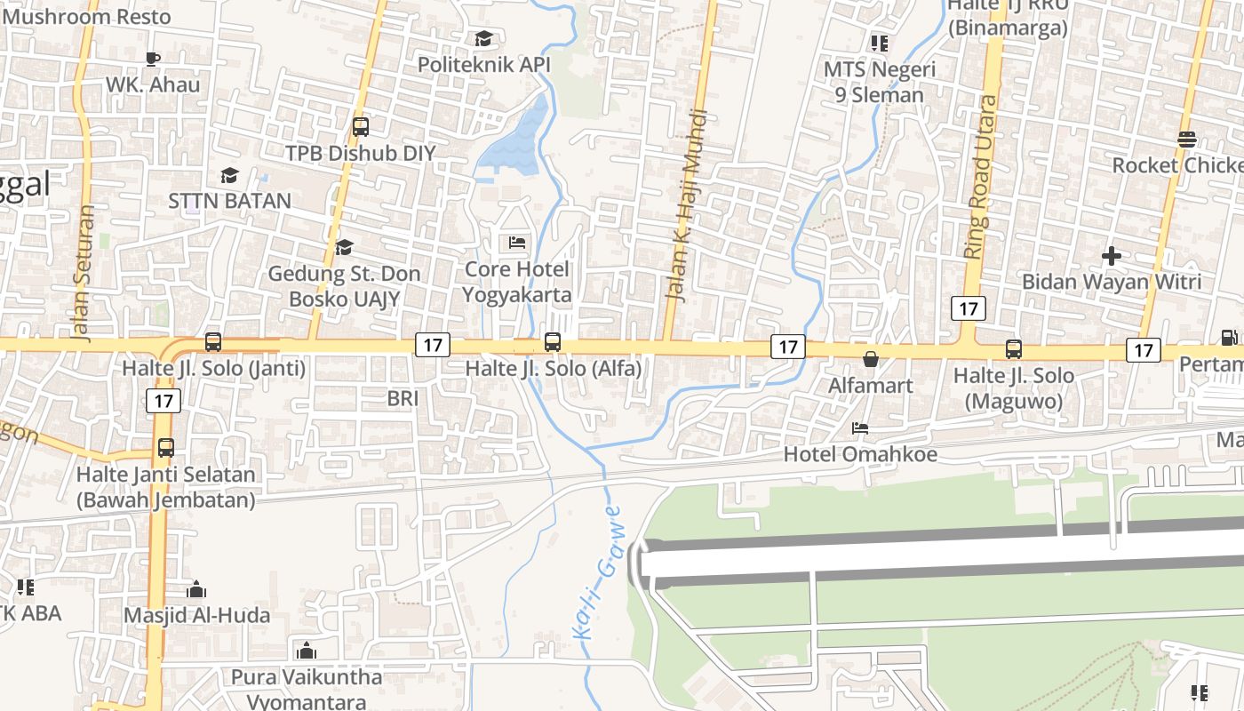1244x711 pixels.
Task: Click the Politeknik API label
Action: pos(484,65)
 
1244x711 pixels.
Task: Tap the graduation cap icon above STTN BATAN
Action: pos(229,175)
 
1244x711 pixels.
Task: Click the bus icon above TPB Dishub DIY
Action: pos(360,126)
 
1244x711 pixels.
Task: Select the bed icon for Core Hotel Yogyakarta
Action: pos(517,242)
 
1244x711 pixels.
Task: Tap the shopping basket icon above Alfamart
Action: pos(871,359)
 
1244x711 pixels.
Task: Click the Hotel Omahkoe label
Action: pos(859,454)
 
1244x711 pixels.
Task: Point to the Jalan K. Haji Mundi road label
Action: pos(688,206)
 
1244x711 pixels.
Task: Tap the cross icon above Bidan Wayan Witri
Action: pos(1111,256)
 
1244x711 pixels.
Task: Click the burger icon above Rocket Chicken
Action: pos(1187,139)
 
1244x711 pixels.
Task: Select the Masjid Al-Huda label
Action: pos(196,615)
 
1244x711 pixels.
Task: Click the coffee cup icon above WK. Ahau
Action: pos(153,59)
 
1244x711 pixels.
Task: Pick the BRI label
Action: pos(403,399)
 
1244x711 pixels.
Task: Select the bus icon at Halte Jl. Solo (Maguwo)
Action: pos(1014,349)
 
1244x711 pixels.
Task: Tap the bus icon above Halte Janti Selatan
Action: pos(166,448)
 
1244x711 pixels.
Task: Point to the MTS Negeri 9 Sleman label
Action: pos(879,82)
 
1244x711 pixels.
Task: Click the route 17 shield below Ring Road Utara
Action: pos(968,308)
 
